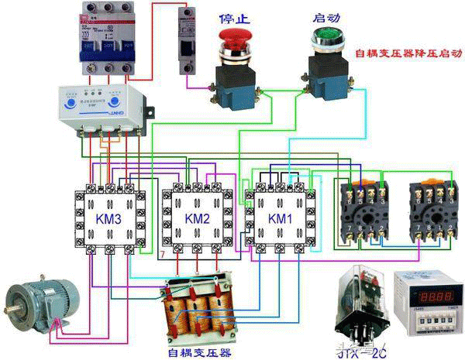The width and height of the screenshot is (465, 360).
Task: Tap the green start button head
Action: click(325, 36)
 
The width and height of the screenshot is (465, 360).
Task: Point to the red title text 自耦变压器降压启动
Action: click(408, 55)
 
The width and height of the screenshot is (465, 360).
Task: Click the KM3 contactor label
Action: click(108, 220)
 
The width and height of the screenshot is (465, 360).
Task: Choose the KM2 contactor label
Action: click(197, 220)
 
